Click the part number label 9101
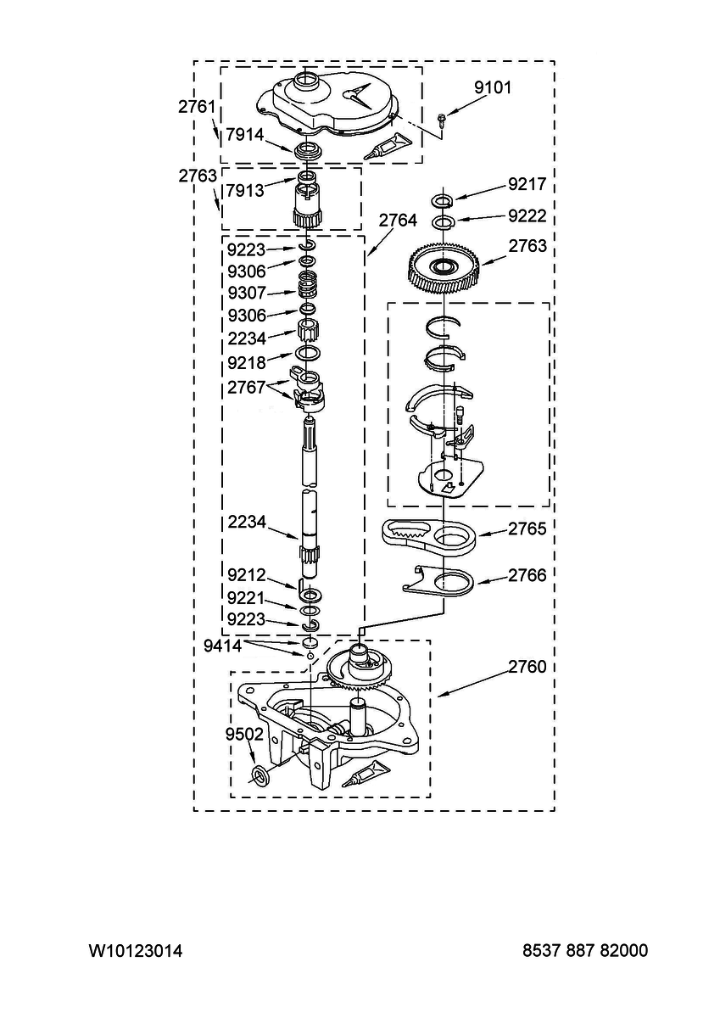tap(493, 87)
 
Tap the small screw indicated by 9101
tap(442, 118)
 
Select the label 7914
tap(245, 135)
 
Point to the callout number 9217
tap(527, 184)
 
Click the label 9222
tap(527, 215)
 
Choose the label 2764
tap(398, 221)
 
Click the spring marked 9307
tap(308, 285)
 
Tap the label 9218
tap(246, 362)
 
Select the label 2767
tap(246, 387)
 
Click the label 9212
tap(246, 575)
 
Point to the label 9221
tap(246, 598)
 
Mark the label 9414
tap(222, 646)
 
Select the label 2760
tap(527, 667)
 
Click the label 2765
tap(527, 529)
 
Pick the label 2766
tap(527, 575)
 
